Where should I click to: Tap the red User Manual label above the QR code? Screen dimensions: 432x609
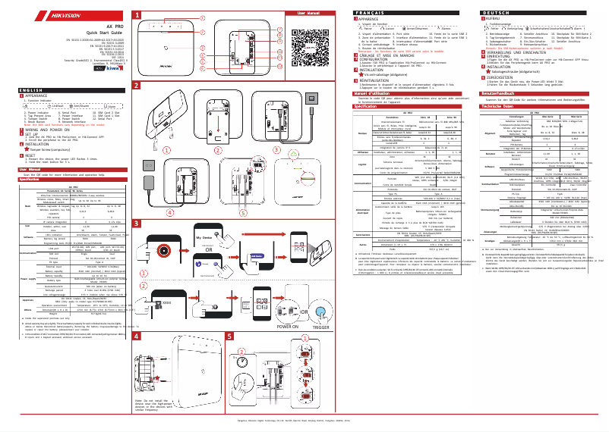314,14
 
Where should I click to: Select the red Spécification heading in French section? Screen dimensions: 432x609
369,107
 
